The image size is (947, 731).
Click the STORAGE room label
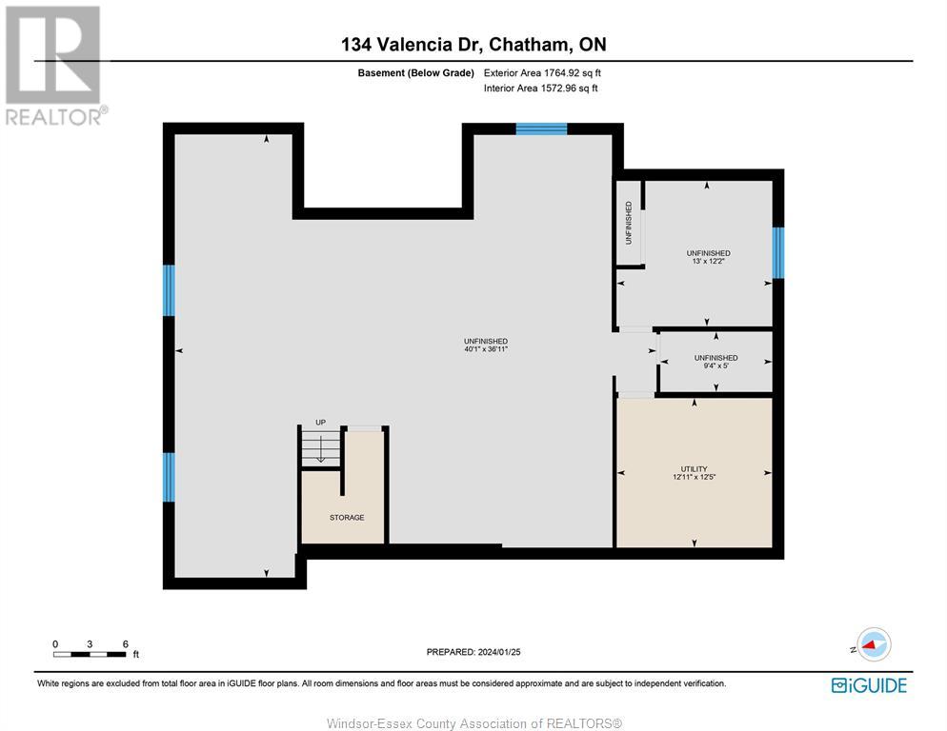pyautogui.click(x=347, y=518)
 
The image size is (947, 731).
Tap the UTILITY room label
pyautogui.click(x=694, y=469)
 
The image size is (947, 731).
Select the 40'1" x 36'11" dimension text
pyautogui.click(x=485, y=349)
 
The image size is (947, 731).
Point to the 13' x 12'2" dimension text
pyautogui.click(x=708, y=261)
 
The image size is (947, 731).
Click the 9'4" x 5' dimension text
pyautogui.click(x=715, y=366)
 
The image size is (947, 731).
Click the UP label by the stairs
pyautogui.click(x=321, y=422)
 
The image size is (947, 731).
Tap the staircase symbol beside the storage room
pyautogui.click(x=321, y=448)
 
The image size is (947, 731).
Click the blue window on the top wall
pyautogui.click(x=541, y=129)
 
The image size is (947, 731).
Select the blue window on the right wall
pyautogui.click(x=777, y=252)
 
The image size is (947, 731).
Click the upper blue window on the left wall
pyautogui.click(x=169, y=290)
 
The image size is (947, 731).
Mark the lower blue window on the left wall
pyautogui.click(x=169, y=476)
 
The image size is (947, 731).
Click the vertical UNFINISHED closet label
pyautogui.click(x=629, y=223)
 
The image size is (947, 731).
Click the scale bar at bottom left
pyautogui.click(x=90, y=653)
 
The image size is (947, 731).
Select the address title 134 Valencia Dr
pyautogui.click(x=473, y=44)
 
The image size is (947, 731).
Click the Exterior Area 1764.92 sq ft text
pyautogui.click(x=542, y=72)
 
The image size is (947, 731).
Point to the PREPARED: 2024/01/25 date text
pyautogui.click(x=473, y=652)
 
